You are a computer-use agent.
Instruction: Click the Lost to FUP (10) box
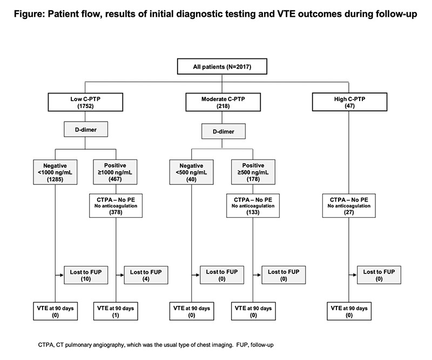[x=85, y=274]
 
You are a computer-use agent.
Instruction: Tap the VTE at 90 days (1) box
[x=116, y=311]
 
